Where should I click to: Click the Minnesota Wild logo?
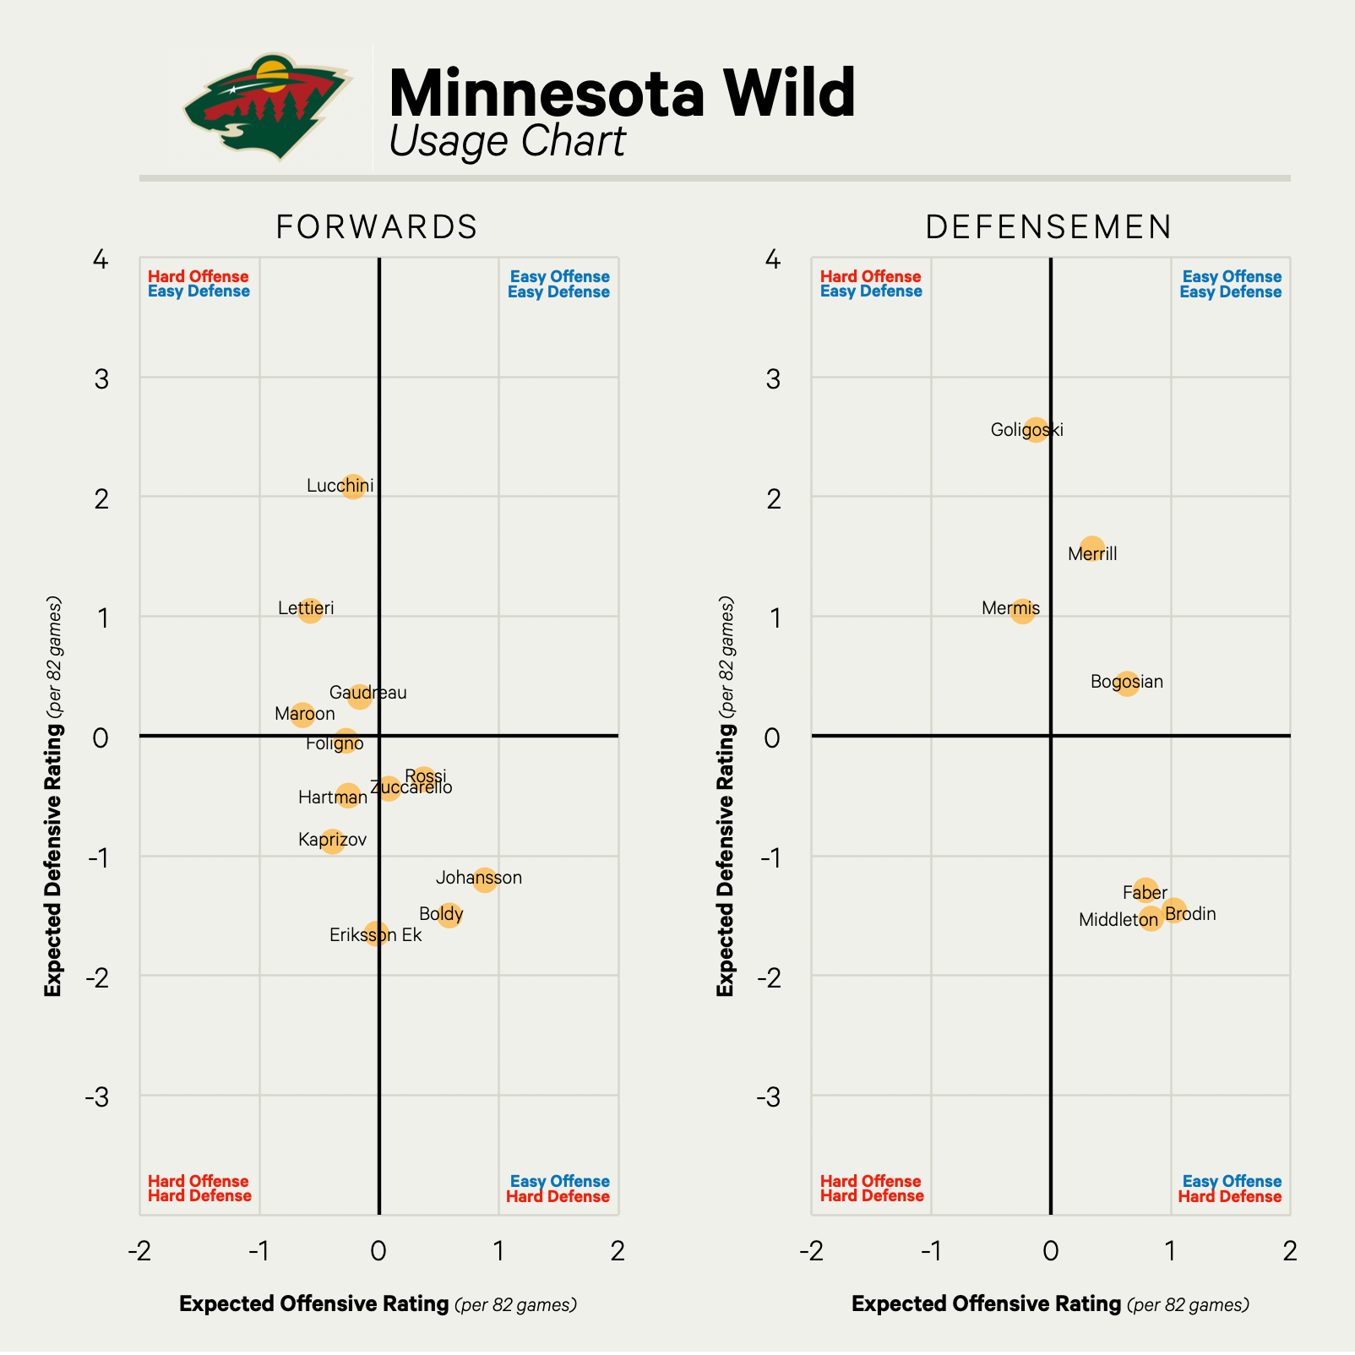coord(266,106)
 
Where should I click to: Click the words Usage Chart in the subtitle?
coord(507,141)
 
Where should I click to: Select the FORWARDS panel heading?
coord(377,227)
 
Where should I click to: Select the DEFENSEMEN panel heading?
coord(1049,227)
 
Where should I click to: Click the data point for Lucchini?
coord(353,486)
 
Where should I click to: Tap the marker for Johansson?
coord(484,880)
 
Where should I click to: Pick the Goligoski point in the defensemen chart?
coord(1036,429)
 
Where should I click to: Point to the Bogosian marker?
coord(1126,683)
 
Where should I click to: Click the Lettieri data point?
coord(310,610)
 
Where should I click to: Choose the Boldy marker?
coord(449,914)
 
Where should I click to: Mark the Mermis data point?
coord(1022,611)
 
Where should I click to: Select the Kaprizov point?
coord(332,841)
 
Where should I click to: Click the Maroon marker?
coord(302,715)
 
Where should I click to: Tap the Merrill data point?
coord(1092,548)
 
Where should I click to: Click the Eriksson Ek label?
coord(375,935)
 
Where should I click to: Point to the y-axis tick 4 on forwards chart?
coord(101,259)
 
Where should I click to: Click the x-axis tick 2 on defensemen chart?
coord(1289,1251)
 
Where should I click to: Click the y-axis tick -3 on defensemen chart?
coord(767,1097)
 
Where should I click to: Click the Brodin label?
coord(1190,914)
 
